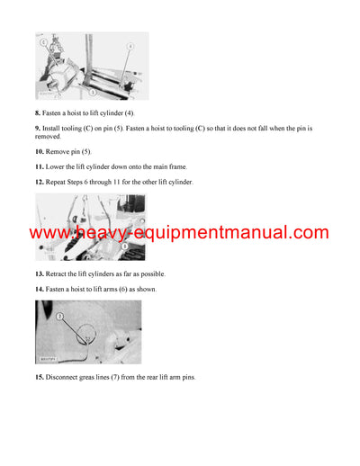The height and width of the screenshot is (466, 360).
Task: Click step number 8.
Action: [38, 112]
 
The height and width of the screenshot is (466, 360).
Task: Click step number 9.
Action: [38, 130]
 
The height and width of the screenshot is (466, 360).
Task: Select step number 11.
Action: [40, 167]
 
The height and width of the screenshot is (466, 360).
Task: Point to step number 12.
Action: [40, 182]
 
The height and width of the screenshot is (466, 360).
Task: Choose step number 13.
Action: [40, 273]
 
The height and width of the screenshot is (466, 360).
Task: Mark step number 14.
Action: [40, 288]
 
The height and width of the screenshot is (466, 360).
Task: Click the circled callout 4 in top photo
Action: [130, 45]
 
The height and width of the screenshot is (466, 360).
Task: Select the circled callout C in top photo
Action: [42, 41]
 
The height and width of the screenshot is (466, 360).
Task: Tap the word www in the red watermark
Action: [49, 234]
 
